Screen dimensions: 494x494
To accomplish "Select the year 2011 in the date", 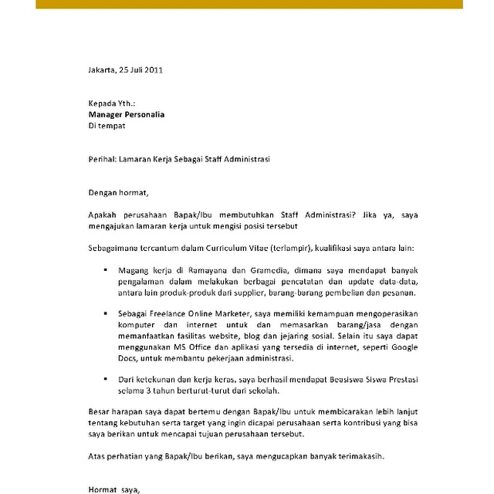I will click(x=152, y=69).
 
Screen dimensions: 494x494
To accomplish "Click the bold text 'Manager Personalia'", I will click(x=126, y=114).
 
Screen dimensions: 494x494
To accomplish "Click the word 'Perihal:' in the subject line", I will click(x=102, y=159).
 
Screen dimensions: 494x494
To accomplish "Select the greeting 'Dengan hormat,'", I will click(x=117, y=192).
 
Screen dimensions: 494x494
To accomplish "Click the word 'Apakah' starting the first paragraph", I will click(x=103, y=215).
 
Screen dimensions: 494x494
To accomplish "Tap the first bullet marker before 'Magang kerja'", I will click(x=105, y=272).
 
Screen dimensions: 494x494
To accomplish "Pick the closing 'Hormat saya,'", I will click(x=115, y=489).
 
